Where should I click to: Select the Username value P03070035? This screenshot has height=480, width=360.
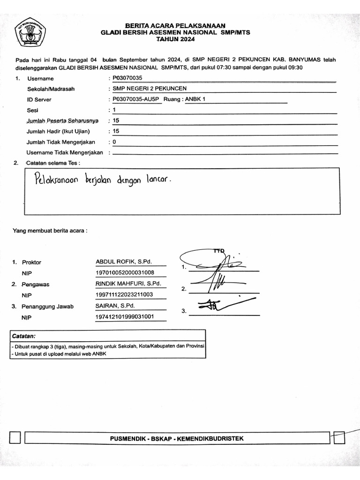[x=127, y=78]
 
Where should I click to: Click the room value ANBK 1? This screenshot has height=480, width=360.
[x=195, y=99]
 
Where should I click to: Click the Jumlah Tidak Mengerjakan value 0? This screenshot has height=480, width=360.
[x=114, y=142]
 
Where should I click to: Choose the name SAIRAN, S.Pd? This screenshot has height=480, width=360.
[x=115, y=306]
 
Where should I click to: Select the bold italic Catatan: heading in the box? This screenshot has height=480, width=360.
[x=24, y=336]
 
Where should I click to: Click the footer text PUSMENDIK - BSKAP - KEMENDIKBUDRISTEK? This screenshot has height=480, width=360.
[x=177, y=438]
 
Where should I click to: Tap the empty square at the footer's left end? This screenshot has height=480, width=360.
[x=15, y=438]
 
